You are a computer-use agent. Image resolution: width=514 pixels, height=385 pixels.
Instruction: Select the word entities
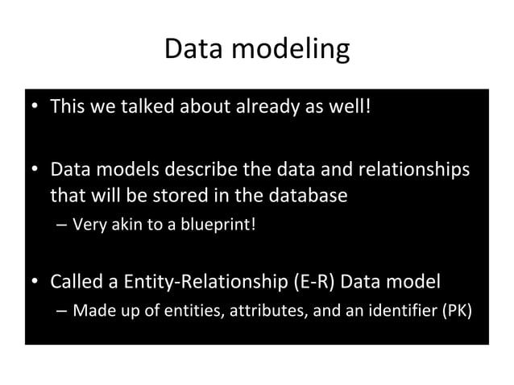tap(168, 312)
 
